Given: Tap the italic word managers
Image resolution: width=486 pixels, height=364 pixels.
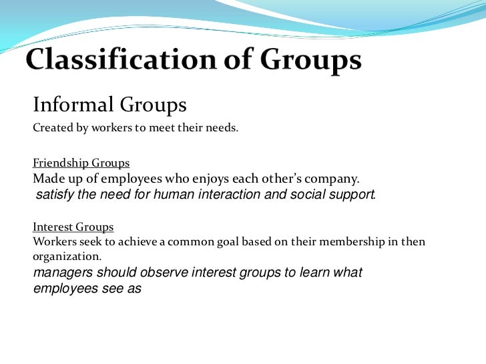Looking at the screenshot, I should point(62,273).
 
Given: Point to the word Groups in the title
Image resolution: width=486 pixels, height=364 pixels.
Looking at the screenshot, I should point(310,62).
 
